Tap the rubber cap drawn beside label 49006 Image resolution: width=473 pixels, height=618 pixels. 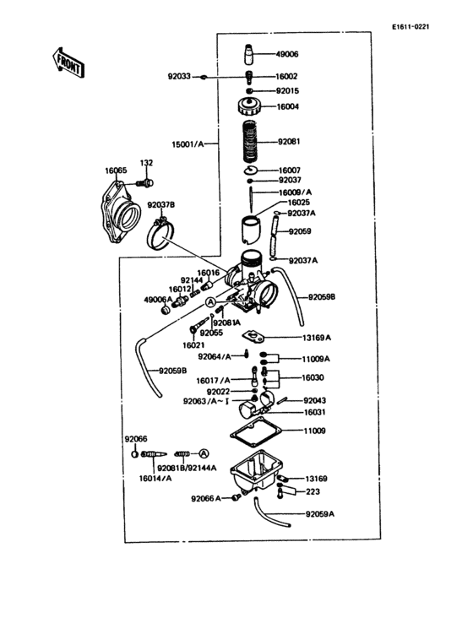click(x=250, y=54)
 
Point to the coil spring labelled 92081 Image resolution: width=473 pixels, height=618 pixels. click(x=250, y=141)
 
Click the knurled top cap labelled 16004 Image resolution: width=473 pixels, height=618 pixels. click(x=250, y=108)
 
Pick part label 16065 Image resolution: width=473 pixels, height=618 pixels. click(x=116, y=171)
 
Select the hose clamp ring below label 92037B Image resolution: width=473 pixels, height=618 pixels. click(x=160, y=234)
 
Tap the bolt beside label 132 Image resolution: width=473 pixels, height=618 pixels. click(x=147, y=182)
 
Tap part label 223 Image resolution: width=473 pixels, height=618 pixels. click(x=313, y=491)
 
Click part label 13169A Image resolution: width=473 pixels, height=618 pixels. click(x=317, y=338)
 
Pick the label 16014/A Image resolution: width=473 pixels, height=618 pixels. click(x=152, y=478)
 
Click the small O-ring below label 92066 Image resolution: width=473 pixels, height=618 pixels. click(x=135, y=454)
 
